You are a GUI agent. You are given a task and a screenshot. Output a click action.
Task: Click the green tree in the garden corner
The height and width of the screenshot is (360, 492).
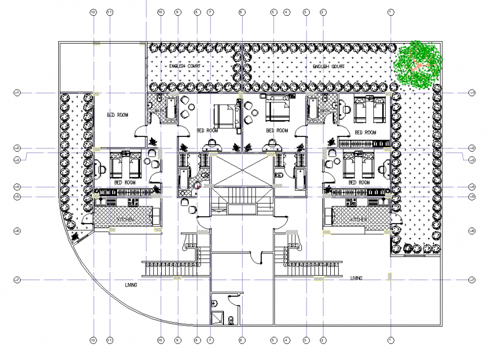(x=418, y=63)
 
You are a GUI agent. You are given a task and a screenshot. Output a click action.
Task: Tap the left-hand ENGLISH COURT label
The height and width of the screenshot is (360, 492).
(x=185, y=67)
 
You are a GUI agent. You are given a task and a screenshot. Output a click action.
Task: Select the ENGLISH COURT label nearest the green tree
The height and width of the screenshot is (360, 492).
(x=329, y=67)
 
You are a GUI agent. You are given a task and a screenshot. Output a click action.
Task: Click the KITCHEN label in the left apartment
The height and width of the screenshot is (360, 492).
(x=126, y=219)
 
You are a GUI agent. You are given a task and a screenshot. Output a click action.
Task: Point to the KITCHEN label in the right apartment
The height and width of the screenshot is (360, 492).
(x=359, y=219)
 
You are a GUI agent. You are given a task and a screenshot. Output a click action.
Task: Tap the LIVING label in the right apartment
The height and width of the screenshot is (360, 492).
(x=356, y=278)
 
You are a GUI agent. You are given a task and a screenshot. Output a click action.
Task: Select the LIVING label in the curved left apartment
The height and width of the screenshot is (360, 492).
(x=131, y=285)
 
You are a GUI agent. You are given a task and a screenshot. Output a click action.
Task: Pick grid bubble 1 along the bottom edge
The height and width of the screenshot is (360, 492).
(x=390, y=340)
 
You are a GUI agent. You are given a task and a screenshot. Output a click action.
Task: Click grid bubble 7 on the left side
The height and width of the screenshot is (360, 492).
(x=17, y=280)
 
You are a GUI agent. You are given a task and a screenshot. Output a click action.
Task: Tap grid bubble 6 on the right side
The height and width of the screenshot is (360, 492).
(x=472, y=231)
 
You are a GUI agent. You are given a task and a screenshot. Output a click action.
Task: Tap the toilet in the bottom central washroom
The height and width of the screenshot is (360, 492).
(x=231, y=320)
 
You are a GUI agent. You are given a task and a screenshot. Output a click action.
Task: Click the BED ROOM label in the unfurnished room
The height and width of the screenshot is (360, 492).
(x=118, y=115)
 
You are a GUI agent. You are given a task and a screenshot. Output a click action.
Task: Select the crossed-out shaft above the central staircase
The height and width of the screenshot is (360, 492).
(x=242, y=170)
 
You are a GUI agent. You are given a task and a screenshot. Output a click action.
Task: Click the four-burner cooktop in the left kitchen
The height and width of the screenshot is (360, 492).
(x=133, y=202)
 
